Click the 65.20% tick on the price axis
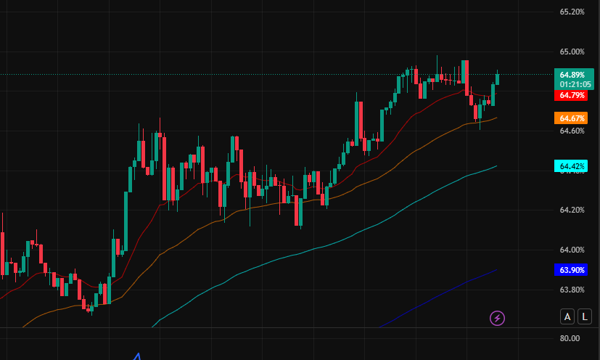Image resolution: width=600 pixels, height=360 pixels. [572, 12]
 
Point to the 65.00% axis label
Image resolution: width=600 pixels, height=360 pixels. [572, 52]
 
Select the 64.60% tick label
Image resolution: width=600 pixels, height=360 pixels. [572, 131]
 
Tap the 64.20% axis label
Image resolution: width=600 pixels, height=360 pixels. [572, 210]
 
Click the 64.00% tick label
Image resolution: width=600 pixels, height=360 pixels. [572, 250]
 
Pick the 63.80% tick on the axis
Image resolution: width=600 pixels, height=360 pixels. [572, 290]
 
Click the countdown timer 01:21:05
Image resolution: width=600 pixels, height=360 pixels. [573, 84]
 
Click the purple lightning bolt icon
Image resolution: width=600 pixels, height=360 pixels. [498, 318]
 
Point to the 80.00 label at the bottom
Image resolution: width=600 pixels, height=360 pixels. [570, 338]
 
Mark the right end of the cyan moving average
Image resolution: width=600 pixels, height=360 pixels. [496, 166]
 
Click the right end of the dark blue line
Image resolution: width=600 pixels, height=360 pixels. [496, 270]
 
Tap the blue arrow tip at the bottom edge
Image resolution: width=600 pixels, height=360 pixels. [138, 355]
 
